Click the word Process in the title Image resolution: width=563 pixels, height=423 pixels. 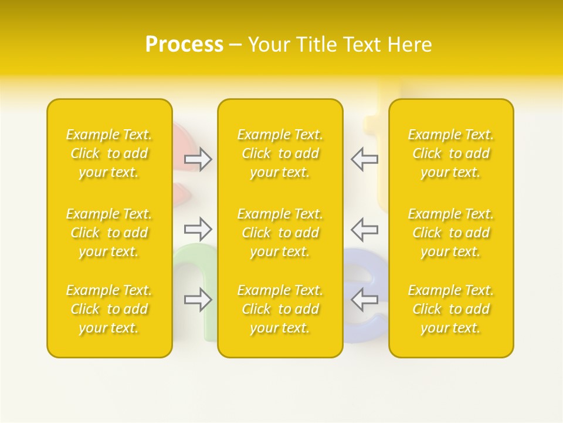click(x=184, y=45)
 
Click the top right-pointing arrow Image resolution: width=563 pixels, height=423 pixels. click(x=198, y=159)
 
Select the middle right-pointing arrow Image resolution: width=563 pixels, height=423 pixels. click(x=198, y=229)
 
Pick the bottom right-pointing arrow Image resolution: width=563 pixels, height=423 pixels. click(x=198, y=300)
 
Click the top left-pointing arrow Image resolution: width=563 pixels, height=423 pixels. click(x=365, y=159)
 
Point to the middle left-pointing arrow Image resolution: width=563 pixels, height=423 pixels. click(x=365, y=229)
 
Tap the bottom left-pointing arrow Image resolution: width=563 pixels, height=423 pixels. click(x=365, y=300)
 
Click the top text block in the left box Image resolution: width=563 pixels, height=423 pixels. click(x=109, y=153)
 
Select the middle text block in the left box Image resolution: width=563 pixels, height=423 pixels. click(x=109, y=233)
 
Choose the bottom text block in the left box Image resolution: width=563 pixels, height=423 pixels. click(x=109, y=309)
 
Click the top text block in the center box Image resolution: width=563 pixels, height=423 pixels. click(x=280, y=153)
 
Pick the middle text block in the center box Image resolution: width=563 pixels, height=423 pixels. click(x=280, y=233)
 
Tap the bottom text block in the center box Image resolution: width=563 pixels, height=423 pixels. click(x=280, y=309)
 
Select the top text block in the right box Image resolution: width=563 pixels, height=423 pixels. click(x=451, y=153)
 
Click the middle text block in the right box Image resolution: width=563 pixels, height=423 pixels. click(x=451, y=233)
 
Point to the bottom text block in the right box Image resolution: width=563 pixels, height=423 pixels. click(x=451, y=309)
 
